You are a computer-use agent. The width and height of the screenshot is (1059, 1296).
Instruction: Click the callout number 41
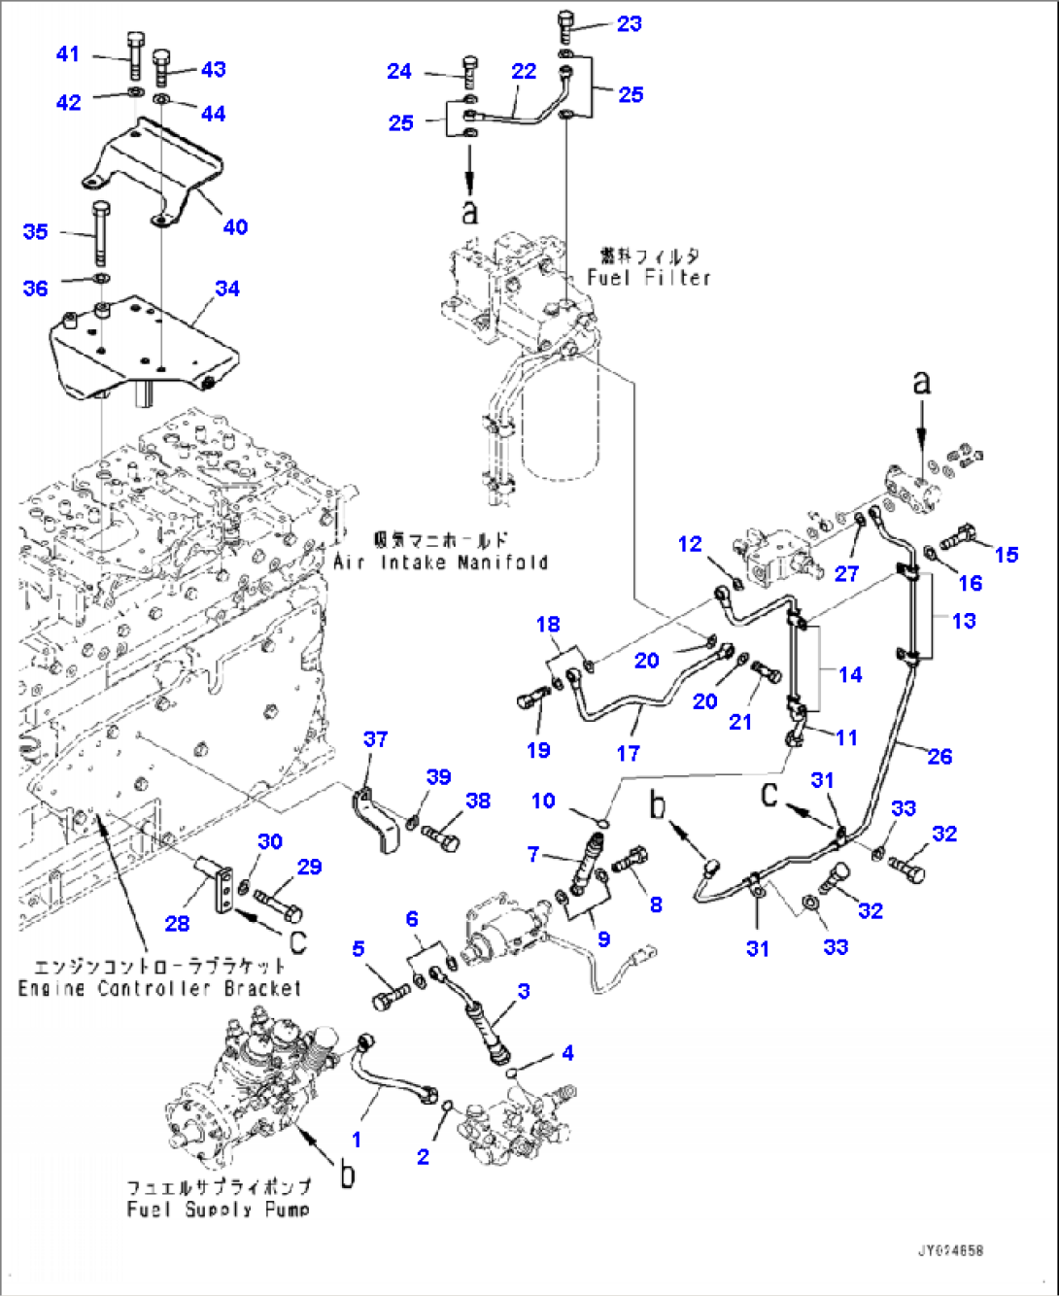[x=67, y=53]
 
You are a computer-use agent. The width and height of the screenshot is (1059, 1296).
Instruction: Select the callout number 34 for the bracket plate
[x=227, y=289]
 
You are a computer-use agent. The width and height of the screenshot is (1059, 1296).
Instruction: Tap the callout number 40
[x=235, y=227]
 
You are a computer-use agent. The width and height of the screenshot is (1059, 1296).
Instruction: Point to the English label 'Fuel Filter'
[x=649, y=278]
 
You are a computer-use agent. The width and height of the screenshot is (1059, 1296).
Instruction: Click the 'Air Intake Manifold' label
[x=440, y=563]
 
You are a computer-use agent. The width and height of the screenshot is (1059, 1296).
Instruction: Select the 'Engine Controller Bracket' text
[x=159, y=988]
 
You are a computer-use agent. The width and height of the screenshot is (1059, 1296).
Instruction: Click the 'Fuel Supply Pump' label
[x=219, y=1210]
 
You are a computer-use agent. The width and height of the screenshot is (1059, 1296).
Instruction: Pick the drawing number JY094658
[x=950, y=1250]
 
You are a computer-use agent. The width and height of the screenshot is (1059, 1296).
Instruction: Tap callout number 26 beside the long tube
[x=939, y=756]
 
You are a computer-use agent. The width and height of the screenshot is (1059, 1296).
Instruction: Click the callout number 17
[x=628, y=753]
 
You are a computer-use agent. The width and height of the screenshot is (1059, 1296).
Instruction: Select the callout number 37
[x=376, y=739]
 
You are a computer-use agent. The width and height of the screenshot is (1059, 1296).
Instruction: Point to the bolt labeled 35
[x=101, y=233]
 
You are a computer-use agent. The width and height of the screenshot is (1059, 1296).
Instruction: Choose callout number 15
[x=1006, y=554]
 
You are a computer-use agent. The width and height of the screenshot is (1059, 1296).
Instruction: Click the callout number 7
[x=532, y=854]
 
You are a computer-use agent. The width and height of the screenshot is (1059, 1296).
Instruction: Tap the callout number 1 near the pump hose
[x=357, y=1139]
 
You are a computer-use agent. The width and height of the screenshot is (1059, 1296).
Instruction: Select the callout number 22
[x=524, y=71]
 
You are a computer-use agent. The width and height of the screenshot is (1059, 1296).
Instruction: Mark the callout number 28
[x=177, y=923]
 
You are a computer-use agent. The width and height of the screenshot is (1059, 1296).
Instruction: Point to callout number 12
[x=690, y=544]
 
